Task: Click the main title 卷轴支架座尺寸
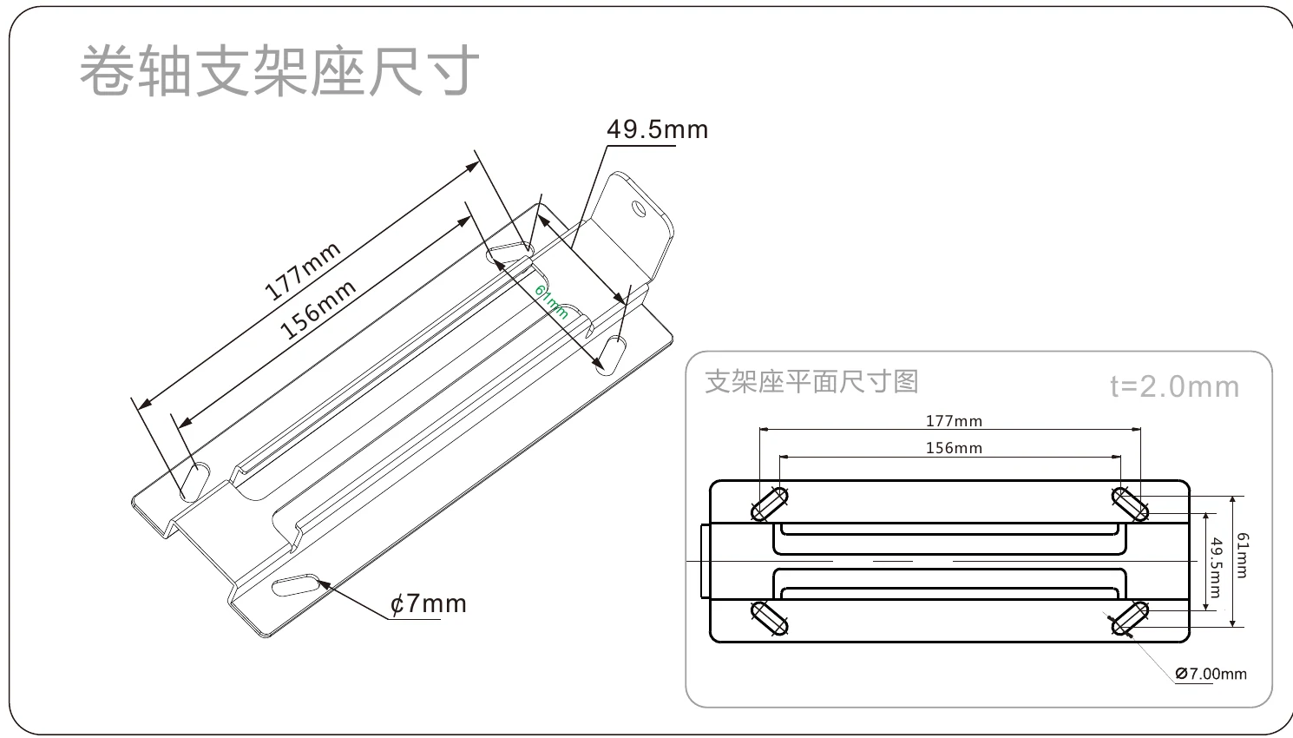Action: [x=279, y=70]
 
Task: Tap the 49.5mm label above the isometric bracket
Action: [x=658, y=129]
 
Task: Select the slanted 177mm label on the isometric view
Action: [x=303, y=272]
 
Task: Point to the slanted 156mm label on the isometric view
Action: [x=318, y=309]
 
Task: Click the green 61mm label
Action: [x=551, y=301]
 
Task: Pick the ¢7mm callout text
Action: [x=429, y=603]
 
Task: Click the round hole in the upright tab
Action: [x=639, y=208]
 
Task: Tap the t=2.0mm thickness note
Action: [x=1175, y=386]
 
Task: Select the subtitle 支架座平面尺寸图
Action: [x=811, y=382]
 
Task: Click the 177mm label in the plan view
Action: [x=955, y=421]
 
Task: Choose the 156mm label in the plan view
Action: [x=955, y=447]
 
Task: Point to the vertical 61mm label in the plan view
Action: [x=1242, y=555]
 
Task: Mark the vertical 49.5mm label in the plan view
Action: [x=1216, y=568]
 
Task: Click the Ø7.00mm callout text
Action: [x=1211, y=674]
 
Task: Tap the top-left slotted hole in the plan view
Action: [x=770, y=504]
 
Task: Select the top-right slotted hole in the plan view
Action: [x=1130, y=504]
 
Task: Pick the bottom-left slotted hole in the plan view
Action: [x=770, y=618]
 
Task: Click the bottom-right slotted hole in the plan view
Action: [x=1130, y=618]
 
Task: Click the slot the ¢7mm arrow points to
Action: [x=296, y=585]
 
